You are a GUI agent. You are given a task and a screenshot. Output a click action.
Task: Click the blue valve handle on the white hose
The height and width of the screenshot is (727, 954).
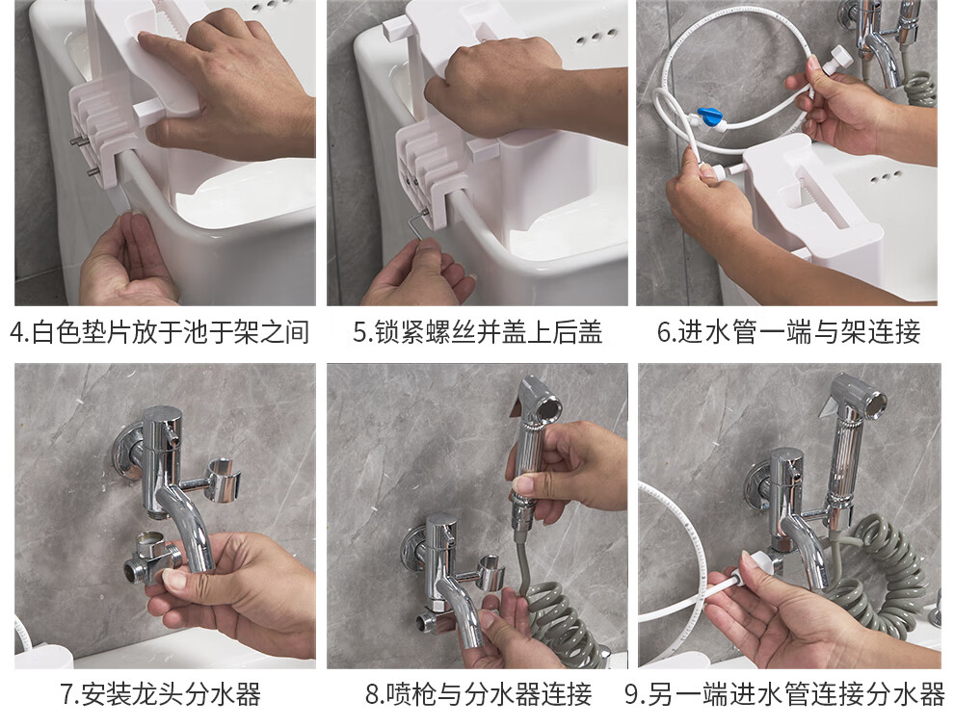click(x=709, y=116)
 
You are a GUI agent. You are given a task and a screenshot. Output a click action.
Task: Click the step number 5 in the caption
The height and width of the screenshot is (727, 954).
click(x=360, y=332)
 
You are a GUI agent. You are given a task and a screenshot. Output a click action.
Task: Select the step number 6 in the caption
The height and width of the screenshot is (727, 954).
click(x=664, y=332)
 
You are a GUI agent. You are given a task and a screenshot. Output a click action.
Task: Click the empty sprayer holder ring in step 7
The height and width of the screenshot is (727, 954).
click(x=222, y=481)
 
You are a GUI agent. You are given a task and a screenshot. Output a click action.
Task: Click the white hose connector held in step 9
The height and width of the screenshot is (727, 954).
click(x=755, y=564)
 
